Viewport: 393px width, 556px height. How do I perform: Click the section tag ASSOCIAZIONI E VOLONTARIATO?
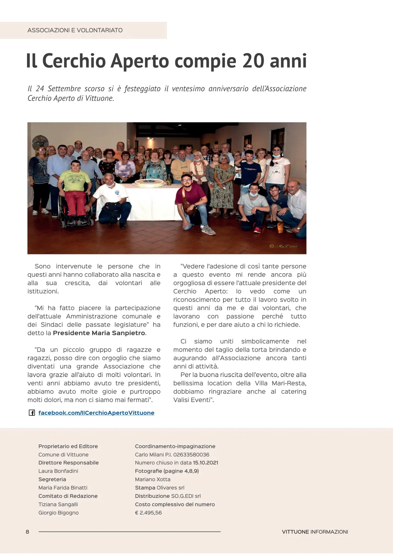(x=75, y=30)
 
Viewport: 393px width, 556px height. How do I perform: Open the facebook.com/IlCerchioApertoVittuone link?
(x=96, y=413)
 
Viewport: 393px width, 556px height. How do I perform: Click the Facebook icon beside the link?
(x=32, y=413)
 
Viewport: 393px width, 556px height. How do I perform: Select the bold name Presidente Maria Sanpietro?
(x=99, y=333)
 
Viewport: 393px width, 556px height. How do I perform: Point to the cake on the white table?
(x=148, y=183)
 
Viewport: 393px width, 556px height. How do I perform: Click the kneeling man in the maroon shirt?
(x=192, y=203)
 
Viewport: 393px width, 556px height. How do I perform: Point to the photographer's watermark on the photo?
(x=283, y=246)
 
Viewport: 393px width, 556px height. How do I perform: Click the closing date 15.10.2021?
(x=205, y=463)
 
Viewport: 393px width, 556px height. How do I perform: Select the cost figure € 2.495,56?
(x=148, y=513)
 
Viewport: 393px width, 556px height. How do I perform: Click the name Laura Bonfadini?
(x=58, y=471)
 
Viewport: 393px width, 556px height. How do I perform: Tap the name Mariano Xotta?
(x=153, y=479)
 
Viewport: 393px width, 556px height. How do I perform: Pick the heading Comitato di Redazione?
(x=68, y=496)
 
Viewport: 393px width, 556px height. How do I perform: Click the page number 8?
(x=28, y=532)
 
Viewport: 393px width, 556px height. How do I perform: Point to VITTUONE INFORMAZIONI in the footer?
(x=315, y=532)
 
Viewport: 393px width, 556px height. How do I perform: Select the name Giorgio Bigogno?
(x=59, y=513)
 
